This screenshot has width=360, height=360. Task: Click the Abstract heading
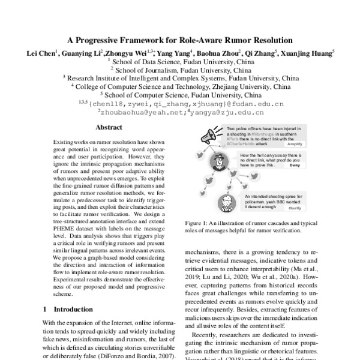coord(110,127)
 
